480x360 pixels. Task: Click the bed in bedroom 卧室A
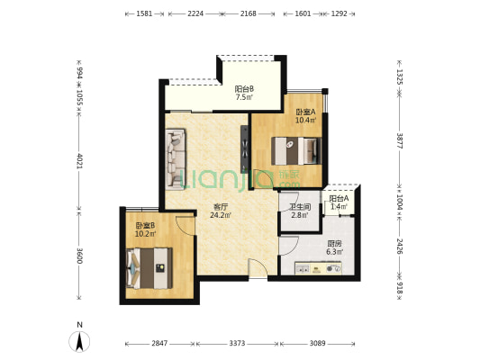[296, 151]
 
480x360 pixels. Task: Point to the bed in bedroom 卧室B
[149, 268]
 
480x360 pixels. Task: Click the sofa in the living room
[176, 159]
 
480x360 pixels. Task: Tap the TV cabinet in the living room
[244, 149]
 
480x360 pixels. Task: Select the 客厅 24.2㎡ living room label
[221, 211]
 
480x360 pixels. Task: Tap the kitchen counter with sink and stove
[318, 268]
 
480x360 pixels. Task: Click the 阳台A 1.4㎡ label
[339, 202]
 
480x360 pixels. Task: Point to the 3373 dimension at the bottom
[237, 344]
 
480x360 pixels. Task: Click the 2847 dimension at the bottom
[159, 344]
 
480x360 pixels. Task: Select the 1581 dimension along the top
[144, 13]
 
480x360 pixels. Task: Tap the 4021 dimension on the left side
[79, 161]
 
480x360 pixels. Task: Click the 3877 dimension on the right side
[400, 140]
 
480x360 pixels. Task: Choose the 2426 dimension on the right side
[400, 247]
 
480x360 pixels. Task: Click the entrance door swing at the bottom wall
[258, 268]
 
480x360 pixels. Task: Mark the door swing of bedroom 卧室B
[186, 226]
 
